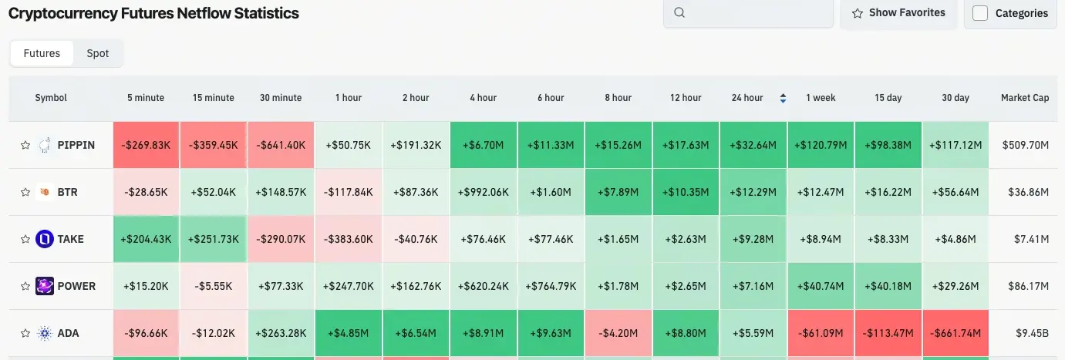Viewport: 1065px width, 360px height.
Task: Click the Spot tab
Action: pyautogui.click(x=98, y=53)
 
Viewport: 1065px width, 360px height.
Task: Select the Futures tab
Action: pyautogui.click(x=42, y=53)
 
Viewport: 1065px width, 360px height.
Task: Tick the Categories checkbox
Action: pyautogui.click(x=980, y=13)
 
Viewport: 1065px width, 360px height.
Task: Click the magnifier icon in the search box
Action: pyautogui.click(x=679, y=12)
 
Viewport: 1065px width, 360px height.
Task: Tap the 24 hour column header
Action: pyautogui.click(x=747, y=98)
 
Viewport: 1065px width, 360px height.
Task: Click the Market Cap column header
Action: pyautogui.click(x=1024, y=98)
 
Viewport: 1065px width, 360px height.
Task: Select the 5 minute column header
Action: pyautogui.click(x=146, y=98)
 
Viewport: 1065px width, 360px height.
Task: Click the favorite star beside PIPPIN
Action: pyautogui.click(x=25, y=145)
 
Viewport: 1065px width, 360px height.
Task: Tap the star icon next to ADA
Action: pyautogui.click(x=25, y=334)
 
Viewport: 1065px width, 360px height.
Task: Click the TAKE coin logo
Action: pyautogui.click(x=45, y=239)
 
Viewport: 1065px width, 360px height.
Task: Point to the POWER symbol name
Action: pyautogui.click(x=76, y=286)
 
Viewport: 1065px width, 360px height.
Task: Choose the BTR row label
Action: pyautogui.click(x=68, y=192)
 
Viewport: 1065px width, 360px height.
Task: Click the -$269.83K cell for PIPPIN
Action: pyautogui.click(x=146, y=145)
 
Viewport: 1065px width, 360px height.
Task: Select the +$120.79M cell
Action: pyautogui.click(x=821, y=145)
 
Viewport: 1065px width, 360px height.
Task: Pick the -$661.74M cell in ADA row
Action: pyautogui.click(x=955, y=334)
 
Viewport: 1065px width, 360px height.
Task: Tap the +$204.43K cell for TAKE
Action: pyautogui.click(x=146, y=239)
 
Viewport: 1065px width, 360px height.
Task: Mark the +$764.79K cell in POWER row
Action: pyautogui.click(x=551, y=286)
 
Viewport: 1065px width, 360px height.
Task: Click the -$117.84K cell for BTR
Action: pyautogui.click(x=349, y=192)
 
